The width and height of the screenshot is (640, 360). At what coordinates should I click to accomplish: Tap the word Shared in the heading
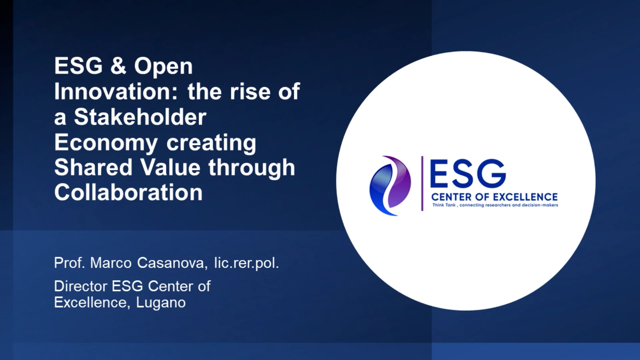pos(93,167)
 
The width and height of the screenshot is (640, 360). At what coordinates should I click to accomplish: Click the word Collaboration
pos(128,193)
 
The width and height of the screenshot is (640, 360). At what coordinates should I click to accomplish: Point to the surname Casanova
pos(172,263)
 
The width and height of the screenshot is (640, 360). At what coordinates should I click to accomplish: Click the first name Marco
pos(111,263)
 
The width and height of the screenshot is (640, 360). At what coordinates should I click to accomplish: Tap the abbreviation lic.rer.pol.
pos(246,263)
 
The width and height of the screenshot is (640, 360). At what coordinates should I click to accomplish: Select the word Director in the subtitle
pos(81,286)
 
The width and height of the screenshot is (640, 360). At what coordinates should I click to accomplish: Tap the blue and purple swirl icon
pos(390,185)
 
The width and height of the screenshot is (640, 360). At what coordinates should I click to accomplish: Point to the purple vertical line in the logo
pos(422,183)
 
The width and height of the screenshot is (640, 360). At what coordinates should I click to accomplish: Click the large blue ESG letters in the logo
pos(468,173)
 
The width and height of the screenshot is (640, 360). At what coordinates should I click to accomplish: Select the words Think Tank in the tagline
pos(444,205)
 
